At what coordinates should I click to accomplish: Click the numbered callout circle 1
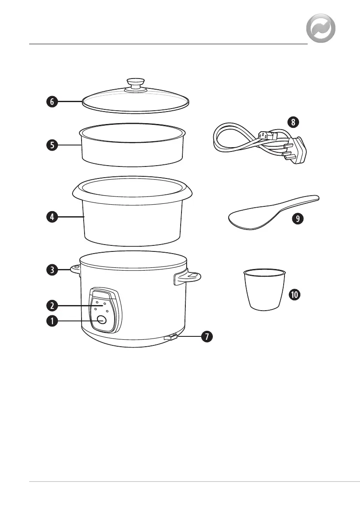pyautogui.click(x=51, y=321)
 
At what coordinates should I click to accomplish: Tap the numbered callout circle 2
pyautogui.click(x=51, y=305)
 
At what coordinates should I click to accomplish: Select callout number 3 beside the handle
pyautogui.click(x=51, y=270)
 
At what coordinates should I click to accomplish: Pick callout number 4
pyautogui.click(x=51, y=217)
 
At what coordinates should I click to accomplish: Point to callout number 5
pyautogui.click(x=51, y=145)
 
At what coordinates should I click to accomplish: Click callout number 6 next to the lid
pyautogui.click(x=51, y=102)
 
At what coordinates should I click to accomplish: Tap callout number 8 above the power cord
pyautogui.click(x=293, y=122)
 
